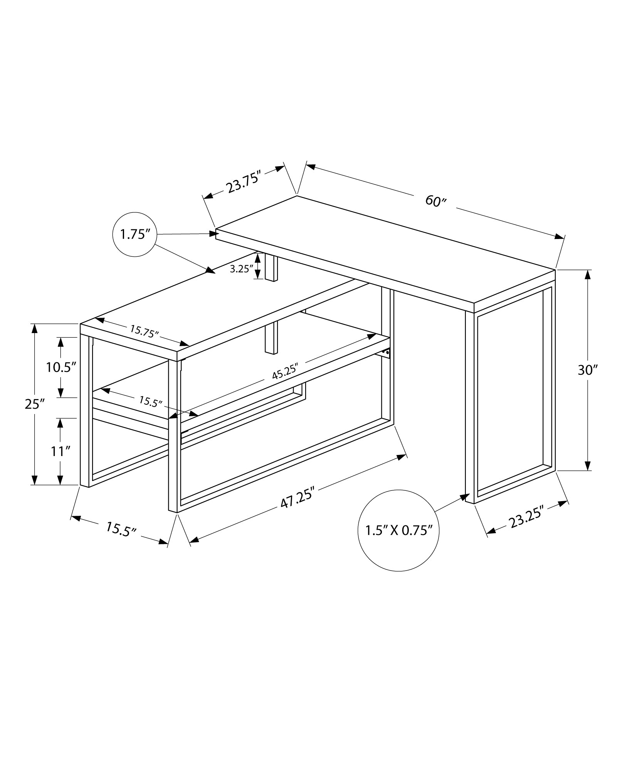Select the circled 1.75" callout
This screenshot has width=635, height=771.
click(134, 234)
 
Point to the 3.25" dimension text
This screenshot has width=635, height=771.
click(241, 269)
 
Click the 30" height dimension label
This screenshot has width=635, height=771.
click(587, 370)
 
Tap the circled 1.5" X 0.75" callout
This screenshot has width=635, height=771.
click(398, 530)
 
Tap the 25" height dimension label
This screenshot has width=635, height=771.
click(34, 404)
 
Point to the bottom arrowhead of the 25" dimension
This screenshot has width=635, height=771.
click(34, 479)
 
